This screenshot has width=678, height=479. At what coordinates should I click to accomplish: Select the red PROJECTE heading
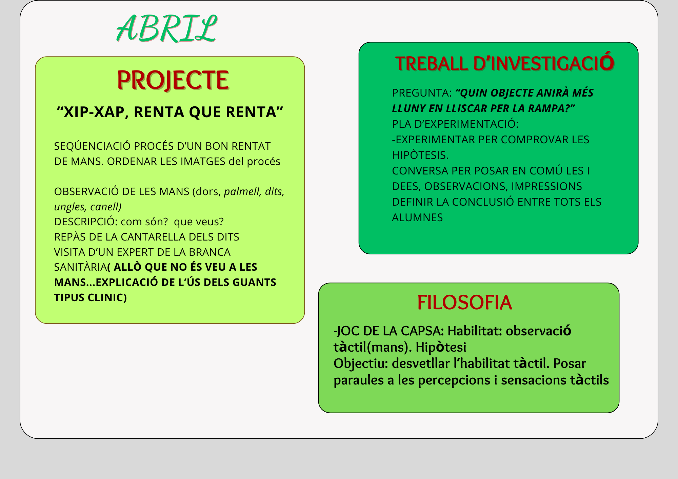click(173, 80)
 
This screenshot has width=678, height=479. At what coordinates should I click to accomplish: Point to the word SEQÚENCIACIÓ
click(92, 146)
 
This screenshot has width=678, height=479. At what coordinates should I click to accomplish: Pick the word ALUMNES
click(417, 217)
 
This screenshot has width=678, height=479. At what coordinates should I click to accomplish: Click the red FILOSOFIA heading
click(464, 303)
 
